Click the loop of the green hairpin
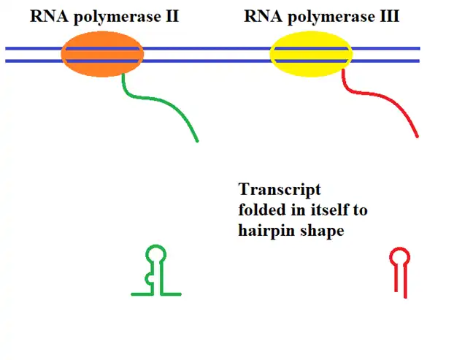[156, 254]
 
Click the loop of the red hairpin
[399, 256]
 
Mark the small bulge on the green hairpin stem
[150, 278]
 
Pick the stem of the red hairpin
[400, 280]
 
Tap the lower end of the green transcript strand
[196, 140]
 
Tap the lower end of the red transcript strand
[417, 135]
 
